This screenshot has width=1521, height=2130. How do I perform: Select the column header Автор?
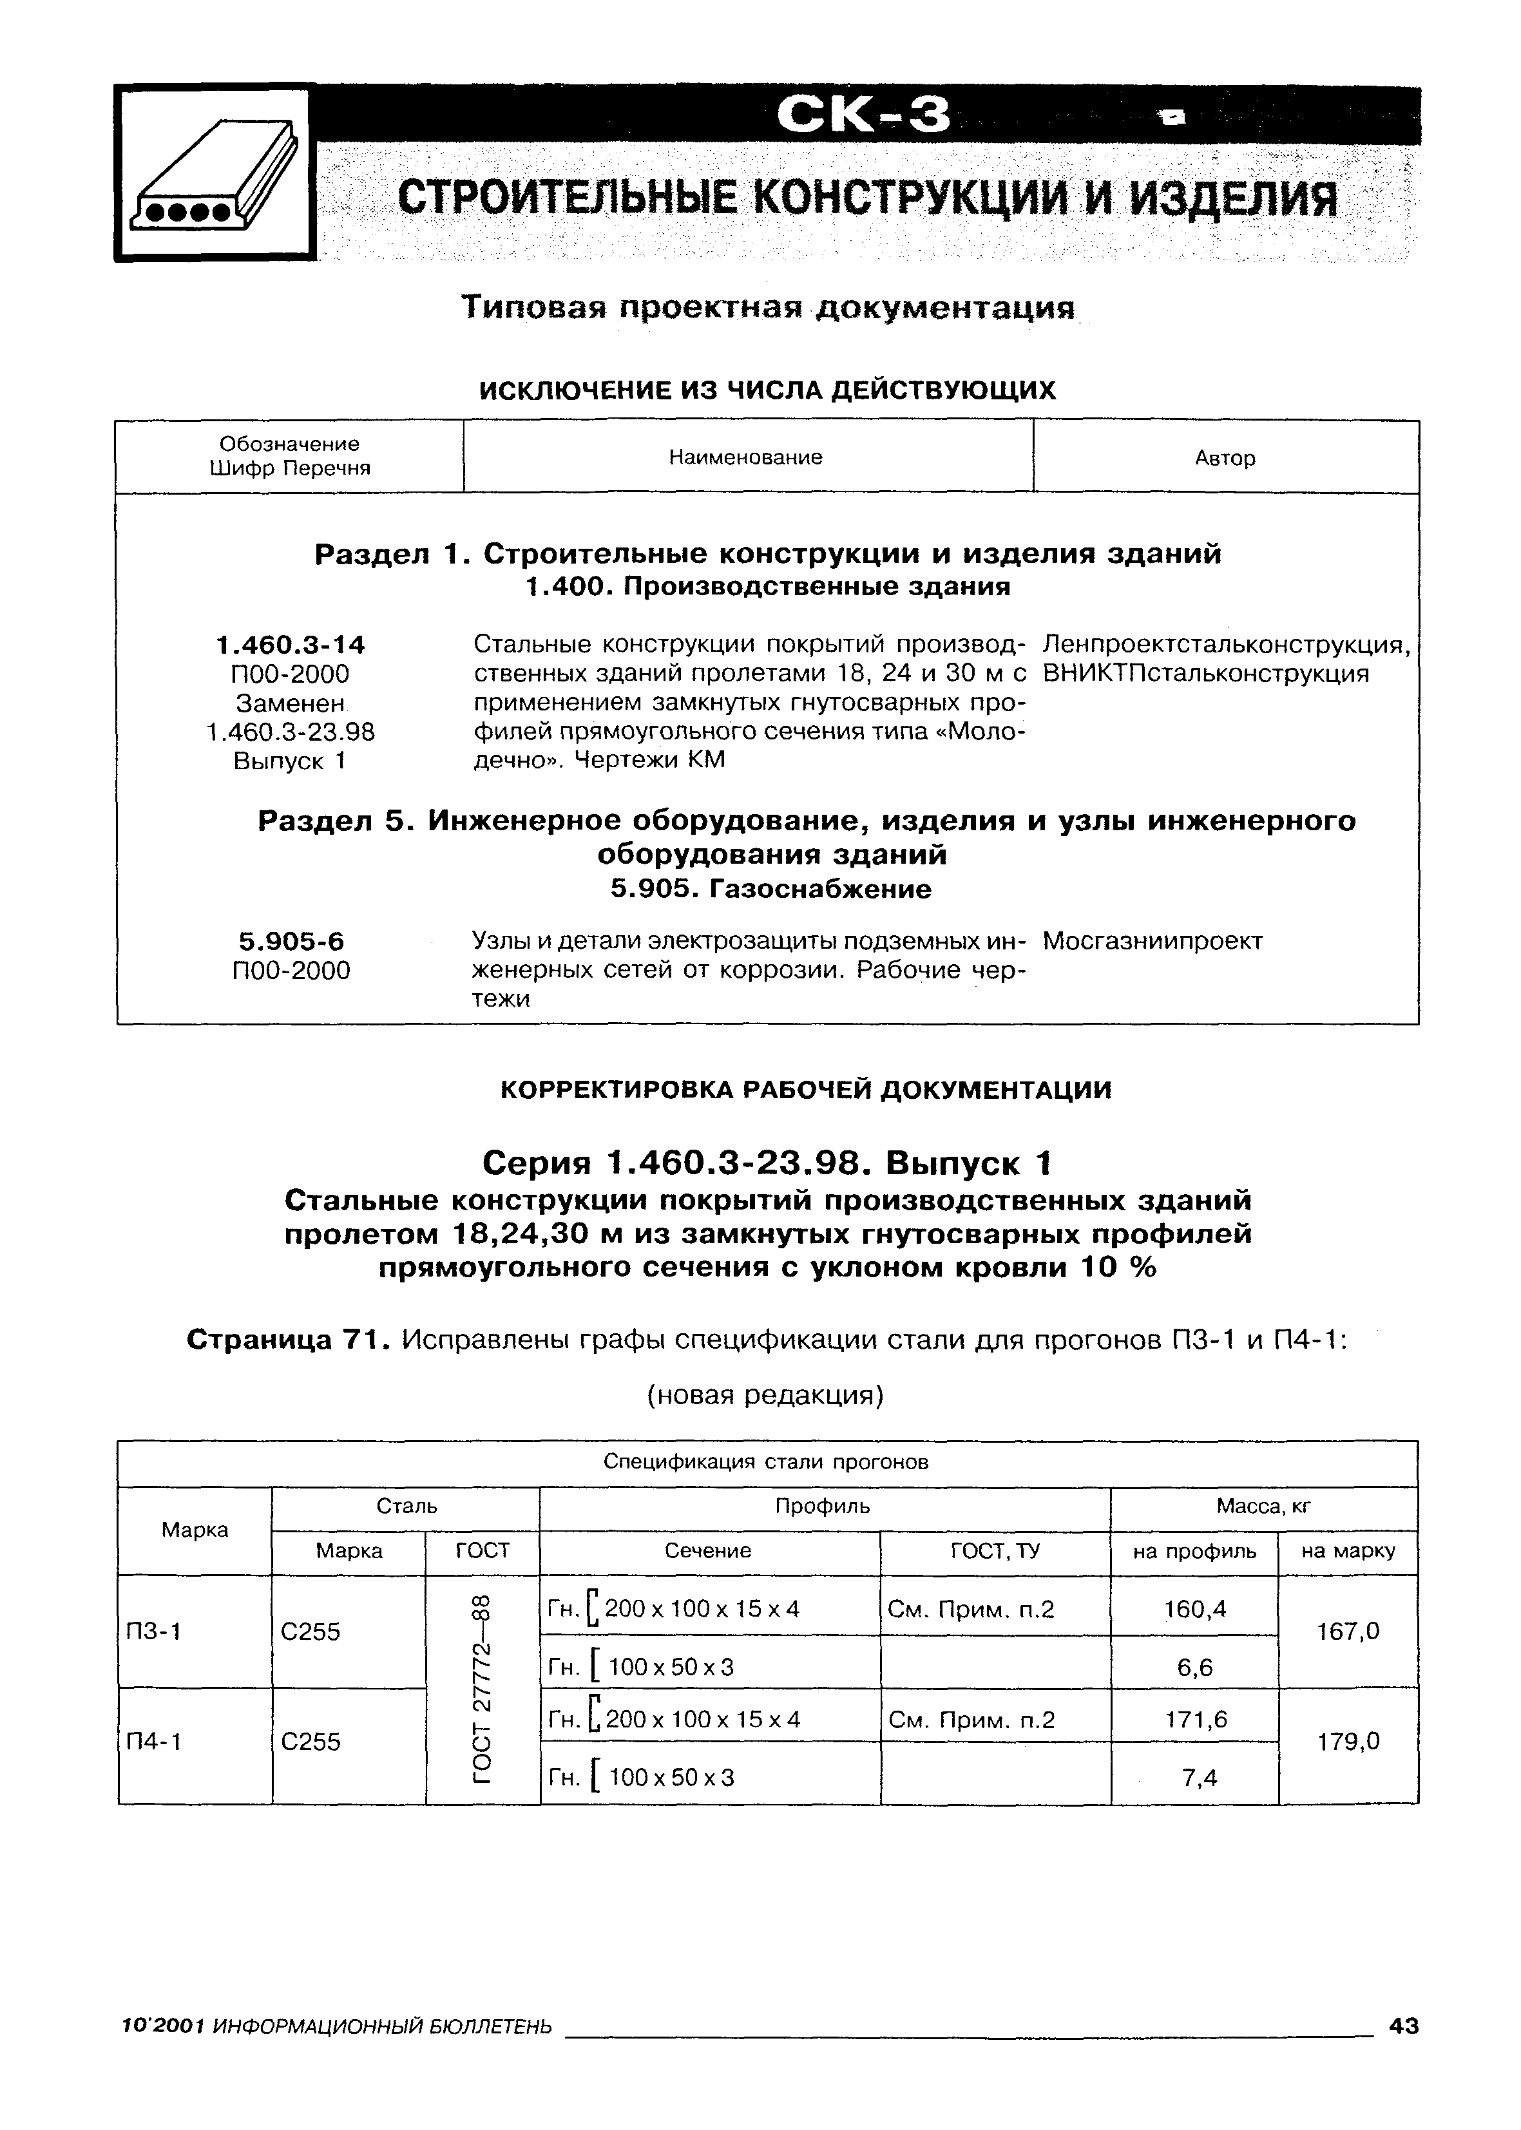1225,458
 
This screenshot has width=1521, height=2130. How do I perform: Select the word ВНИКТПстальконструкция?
1205,674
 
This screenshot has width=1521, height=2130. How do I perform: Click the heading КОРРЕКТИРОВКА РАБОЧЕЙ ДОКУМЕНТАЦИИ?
805,1090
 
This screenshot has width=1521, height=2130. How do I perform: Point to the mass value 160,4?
1194,1608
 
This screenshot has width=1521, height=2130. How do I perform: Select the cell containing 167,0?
1348,1631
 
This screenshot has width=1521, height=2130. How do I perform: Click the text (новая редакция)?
766,1395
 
